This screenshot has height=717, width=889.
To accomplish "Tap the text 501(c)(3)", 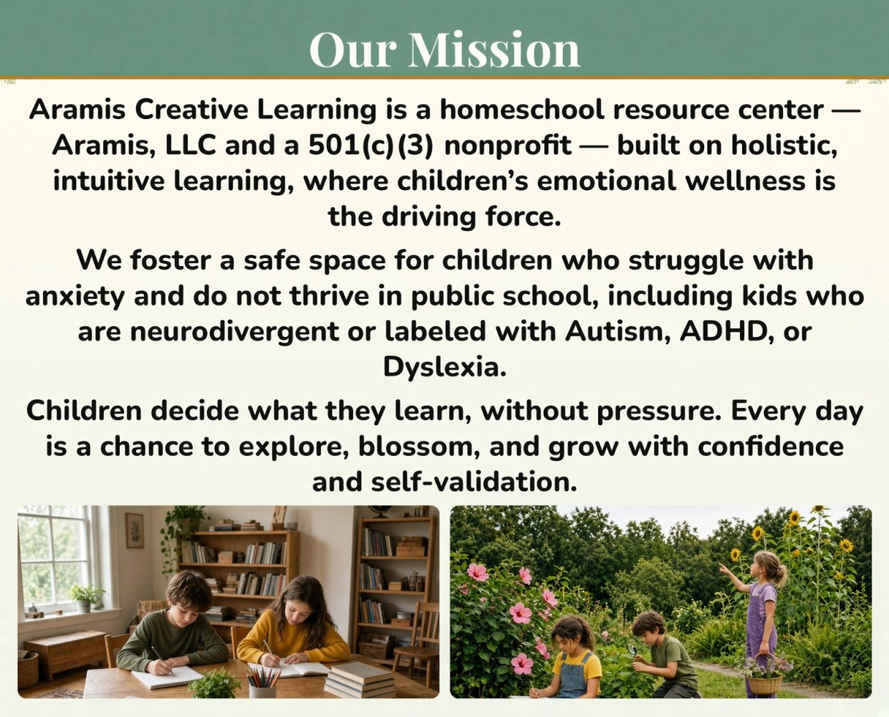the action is click(371, 146).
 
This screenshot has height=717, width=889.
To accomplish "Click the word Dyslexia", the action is click(444, 367).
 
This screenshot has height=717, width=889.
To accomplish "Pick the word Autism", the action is click(617, 331).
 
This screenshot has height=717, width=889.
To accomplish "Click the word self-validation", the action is click(473, 482).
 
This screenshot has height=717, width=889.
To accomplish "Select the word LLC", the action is click(190, 146).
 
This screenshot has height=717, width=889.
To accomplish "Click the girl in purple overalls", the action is click(759, 621).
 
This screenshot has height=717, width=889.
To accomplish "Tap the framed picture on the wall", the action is click(135, 530).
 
